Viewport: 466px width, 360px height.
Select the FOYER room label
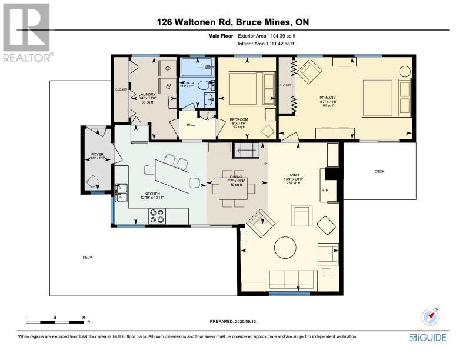97,155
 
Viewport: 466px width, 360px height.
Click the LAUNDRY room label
147,95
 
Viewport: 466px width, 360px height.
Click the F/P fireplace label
325,191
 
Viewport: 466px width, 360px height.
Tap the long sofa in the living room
288,278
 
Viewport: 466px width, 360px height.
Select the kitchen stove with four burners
157,216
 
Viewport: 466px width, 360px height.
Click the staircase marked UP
247,151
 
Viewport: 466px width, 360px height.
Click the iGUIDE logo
428,337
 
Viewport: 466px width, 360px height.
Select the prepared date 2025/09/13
234,321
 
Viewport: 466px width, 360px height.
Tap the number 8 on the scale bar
84,317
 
